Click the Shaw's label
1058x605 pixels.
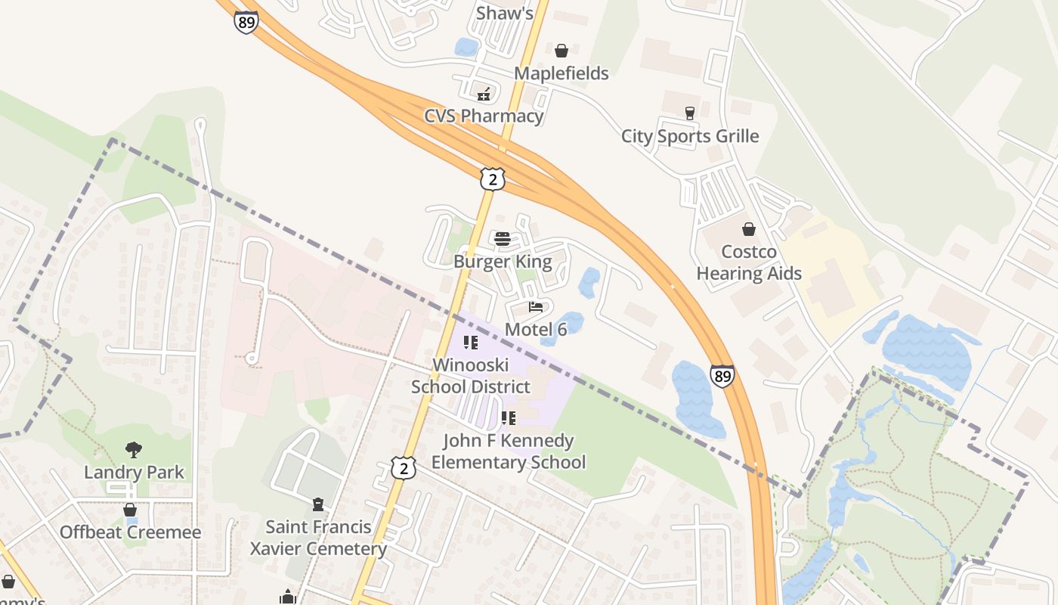click(x=504, y=13)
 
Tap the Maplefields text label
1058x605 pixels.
click(x=561, y=73)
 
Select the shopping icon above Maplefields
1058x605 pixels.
click(x=561, y=51)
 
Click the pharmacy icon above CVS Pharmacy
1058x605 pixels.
click(x=484, y=95)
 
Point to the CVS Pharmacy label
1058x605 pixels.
click(x=484, y=116)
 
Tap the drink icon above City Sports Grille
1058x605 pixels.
click(x=689, y=113)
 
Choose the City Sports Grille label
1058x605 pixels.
click(x=689, y=136)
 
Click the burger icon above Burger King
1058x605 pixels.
click(x=503, y=239)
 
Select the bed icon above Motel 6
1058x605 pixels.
click(x=536, y=307)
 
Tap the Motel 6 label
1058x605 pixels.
click(x=536, y=329)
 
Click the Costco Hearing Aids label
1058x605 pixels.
click(x=749, y=262)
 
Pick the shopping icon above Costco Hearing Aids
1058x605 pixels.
click(x=749, y=229)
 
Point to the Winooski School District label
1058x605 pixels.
click(x=470, y=376)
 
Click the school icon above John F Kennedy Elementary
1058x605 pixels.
click(x=509, y=417)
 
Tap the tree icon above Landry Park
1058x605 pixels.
click(x=134, y=450)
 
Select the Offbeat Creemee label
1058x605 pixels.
click(x=131, y=532)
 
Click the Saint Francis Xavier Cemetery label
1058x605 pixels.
click(x=318, y=538)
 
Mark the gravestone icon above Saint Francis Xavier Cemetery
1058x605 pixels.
click(x=318, y=504)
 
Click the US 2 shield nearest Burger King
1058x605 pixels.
click(x=492, y=179)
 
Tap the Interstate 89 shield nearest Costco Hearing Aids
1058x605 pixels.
click(x=722, y=376)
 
